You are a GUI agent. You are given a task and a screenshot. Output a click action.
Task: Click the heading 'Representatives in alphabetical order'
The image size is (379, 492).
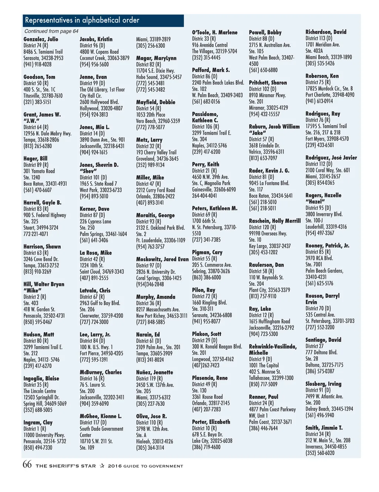click(x=82, y=20)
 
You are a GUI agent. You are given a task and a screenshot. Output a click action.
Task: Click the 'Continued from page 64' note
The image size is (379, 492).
click(x=51, y=31)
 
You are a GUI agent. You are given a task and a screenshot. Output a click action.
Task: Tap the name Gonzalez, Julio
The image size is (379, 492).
click(x=41, y=39)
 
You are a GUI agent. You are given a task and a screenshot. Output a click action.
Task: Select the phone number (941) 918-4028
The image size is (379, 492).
click(x=37, y=64)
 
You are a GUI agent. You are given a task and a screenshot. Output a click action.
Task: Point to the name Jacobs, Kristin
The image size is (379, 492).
click(x=96, y=39)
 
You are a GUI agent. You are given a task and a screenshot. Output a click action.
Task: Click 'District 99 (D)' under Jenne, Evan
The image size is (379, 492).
click(x=92, y=83)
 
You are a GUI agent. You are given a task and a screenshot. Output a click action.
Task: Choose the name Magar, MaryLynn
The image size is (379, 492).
click(x=156, y=58)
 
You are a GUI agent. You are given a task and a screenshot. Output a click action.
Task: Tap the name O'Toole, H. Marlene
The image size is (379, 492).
click(x=215, y=33)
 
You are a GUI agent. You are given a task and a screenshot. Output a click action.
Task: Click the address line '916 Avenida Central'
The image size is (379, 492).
click(x=209, y=45)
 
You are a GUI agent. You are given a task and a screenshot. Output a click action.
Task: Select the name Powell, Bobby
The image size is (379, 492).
click(x=265, y=33)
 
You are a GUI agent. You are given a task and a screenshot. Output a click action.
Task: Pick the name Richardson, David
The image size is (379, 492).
click(x=326, y=32)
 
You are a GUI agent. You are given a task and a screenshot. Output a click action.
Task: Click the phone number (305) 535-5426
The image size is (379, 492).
click(x=320, y=63)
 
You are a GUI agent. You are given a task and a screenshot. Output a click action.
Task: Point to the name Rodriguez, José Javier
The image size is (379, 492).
click(x=331, y=158)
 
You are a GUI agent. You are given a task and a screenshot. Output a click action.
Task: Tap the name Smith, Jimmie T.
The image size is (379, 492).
click(x=324, y=428)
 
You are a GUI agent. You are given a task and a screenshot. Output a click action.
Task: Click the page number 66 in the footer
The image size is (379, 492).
click(x=27, y=465)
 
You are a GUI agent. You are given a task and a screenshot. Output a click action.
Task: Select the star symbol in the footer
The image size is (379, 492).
click(x=102, y=466)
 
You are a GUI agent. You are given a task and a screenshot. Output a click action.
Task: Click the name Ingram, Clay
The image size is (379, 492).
click(x=38, y=422)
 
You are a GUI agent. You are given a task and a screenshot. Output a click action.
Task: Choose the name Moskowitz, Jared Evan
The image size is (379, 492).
click(x=162, y=259)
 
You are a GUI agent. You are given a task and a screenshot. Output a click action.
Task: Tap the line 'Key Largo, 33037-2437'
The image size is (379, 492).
click(x=269, y=246)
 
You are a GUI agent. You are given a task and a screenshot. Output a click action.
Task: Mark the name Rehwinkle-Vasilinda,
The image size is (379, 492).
click(x=273, y=347)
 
